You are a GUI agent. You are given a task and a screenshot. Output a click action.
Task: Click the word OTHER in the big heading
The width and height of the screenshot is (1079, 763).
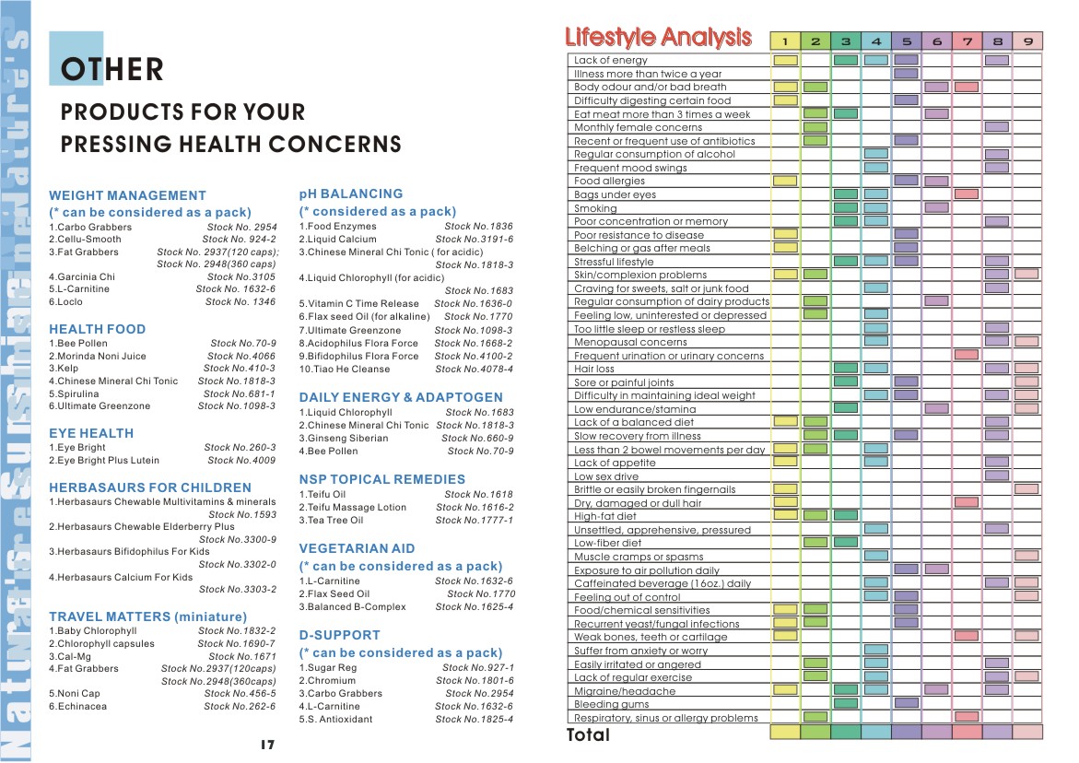point(112,69)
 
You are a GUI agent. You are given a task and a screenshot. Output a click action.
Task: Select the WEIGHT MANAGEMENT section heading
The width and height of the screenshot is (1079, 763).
point(127,195)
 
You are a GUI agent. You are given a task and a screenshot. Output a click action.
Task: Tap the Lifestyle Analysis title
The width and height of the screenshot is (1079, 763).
point(658,37)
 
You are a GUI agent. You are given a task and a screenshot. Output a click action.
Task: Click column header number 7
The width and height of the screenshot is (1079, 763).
point(967,41)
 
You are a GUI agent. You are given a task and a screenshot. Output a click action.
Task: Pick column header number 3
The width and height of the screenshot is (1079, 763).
point(846,41)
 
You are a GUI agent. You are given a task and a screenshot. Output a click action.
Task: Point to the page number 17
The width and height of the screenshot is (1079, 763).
point(268,745)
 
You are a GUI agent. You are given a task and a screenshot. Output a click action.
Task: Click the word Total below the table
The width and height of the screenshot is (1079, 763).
point(588,734)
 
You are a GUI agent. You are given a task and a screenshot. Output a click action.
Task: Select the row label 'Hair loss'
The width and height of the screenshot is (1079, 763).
point(593,369)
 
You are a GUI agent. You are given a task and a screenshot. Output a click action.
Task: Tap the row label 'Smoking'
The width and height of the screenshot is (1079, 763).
point(595,208)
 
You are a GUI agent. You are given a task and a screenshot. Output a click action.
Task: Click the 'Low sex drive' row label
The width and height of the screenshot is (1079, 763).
point(606,476)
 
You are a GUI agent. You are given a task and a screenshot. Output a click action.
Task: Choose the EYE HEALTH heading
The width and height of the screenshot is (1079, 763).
point(91,433)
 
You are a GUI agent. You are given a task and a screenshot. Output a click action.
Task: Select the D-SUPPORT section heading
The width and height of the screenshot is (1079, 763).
point(339,635)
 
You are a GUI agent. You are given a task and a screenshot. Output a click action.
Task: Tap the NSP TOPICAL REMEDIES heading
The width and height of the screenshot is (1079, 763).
point(381,479)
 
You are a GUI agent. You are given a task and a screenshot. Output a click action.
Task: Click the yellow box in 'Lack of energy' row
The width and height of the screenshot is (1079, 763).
point(785,61)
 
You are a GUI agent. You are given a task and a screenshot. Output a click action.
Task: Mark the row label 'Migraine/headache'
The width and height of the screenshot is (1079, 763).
point(625,691)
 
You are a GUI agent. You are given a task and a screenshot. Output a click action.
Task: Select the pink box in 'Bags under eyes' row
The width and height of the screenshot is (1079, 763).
point(967,194)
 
